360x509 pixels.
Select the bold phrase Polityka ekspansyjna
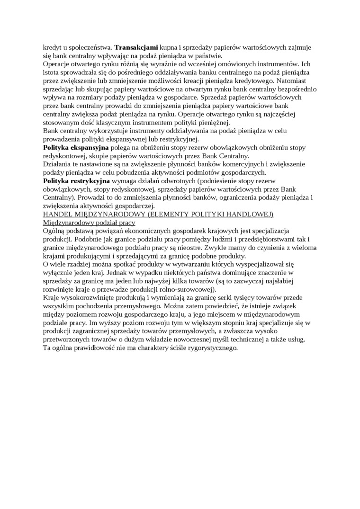tap(76, 148)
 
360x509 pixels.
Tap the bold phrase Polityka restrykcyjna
tap(77, 181)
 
